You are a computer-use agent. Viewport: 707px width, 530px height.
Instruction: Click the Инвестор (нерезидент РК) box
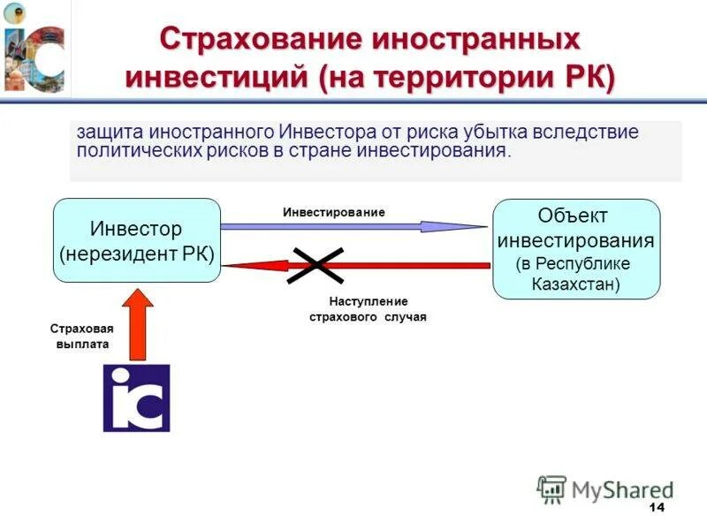pyautogui.click(x=136, y=240)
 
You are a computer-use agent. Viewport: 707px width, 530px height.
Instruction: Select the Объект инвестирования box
pyautogui.click(x=575, y=248)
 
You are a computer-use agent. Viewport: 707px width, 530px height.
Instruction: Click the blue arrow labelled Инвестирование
pyautogui.click(x=353, y=227)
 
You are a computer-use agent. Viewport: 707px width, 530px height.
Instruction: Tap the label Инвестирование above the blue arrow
pyautogui.click(x=334, y=213)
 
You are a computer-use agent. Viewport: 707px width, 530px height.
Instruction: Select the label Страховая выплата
pyautogui.click(x=79, y=337)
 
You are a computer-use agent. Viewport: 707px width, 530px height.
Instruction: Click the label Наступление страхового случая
pyautogui.click(x=368, y=309)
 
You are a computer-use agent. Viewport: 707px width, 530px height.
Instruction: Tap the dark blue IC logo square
pyautogui.click(x=136, y=397)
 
